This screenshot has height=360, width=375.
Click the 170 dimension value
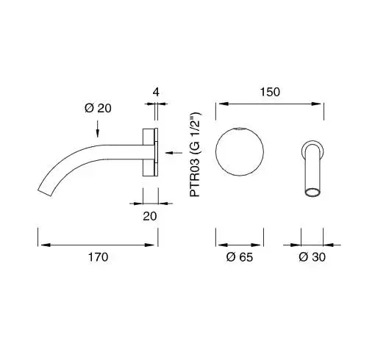[98, 257]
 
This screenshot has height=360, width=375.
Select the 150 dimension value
[270, 92]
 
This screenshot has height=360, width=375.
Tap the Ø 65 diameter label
[240, 257]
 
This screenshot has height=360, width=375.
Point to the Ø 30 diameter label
[312, 257]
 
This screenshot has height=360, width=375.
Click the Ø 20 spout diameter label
[98, 108]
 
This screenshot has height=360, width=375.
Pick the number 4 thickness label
[156, 92]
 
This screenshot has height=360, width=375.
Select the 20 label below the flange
[150, 216]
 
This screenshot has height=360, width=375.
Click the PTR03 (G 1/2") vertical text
[196, 154]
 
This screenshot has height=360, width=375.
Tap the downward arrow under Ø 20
[98, 129]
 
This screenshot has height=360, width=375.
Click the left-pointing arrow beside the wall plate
[174, 153]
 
